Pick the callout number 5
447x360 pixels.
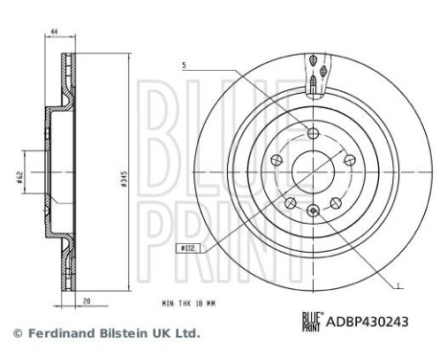click(x=181, y=65)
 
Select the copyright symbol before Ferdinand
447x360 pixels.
click(x=15, y=334)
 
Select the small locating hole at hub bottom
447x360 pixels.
click(x=312, y=210)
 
